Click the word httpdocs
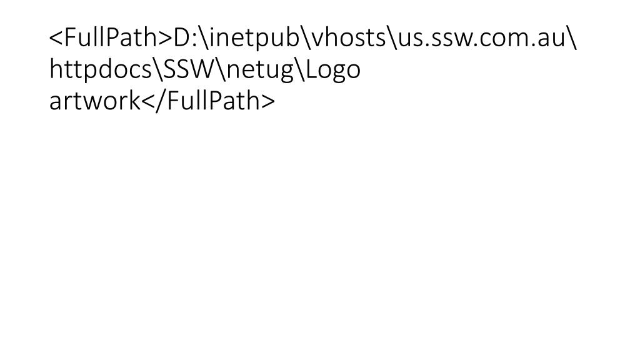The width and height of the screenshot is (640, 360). point(101,70)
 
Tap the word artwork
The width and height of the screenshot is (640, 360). point(94,101)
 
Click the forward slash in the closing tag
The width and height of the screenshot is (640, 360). point(161,101)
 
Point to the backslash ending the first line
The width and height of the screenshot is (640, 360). point(571,38)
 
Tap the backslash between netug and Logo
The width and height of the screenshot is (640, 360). point(299,70)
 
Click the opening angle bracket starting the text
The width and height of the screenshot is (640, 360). point(56,39)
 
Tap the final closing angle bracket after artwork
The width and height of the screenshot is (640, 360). point(267,102)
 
